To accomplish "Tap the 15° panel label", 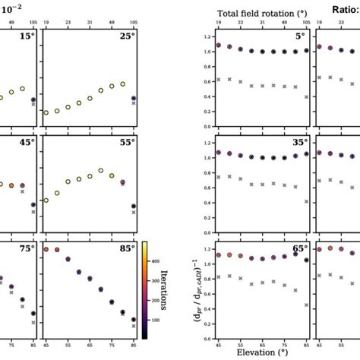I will point(27,36).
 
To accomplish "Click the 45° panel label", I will point(27,142).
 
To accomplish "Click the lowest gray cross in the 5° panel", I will point(306,97).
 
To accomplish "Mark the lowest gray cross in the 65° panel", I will point(306,305).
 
